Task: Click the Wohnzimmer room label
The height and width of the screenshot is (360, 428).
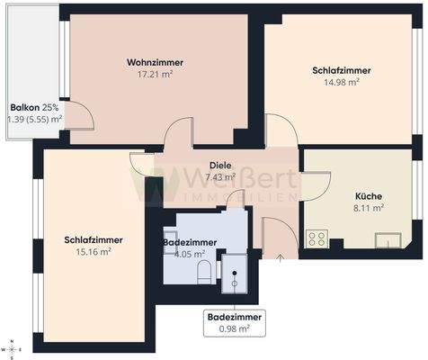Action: click(156, 62)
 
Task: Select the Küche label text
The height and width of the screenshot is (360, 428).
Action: click(369, 194)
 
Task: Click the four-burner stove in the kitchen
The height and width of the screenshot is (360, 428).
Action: click(317, 238)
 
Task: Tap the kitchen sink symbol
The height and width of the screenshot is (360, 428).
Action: click(389, 239)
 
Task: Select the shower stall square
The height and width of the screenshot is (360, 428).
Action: click(234, 274)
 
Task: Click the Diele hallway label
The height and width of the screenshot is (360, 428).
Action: click(219, 166)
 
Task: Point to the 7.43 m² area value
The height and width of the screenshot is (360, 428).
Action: click(219, 177)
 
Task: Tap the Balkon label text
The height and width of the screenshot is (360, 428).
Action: click(25, 106)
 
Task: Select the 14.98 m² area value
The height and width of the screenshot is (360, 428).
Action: click(342, 82)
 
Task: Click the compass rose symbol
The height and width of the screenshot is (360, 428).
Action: click(12, 347)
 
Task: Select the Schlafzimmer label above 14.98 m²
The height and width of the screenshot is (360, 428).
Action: click(342, 69)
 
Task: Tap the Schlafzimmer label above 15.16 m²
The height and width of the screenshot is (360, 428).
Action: click(94, 239)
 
